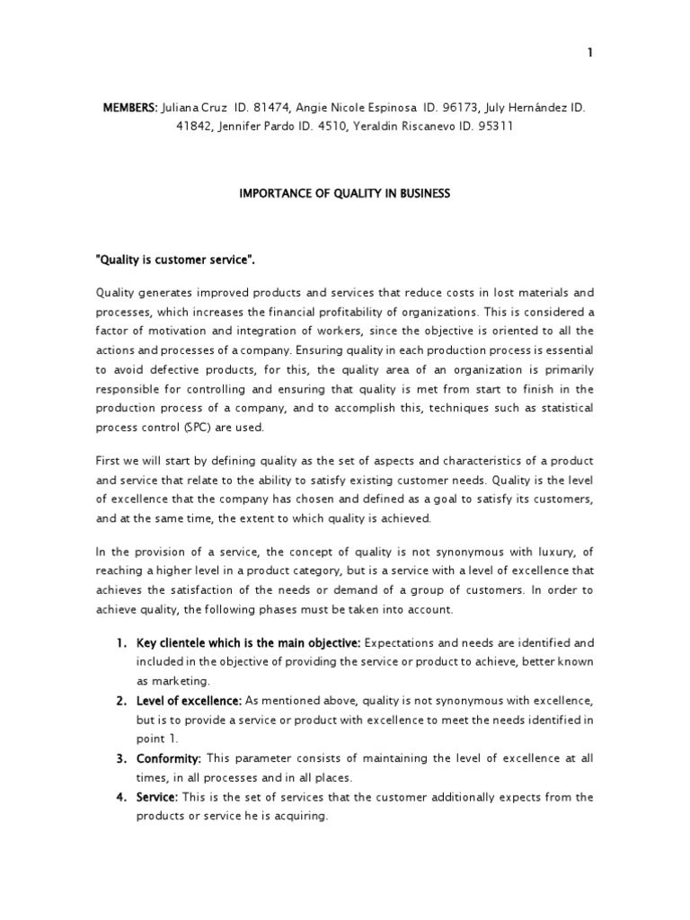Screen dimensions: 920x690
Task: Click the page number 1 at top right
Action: pyautogui.click(x=590, y=53)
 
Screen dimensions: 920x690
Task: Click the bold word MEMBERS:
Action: pyautogui.click(x=130, y=108)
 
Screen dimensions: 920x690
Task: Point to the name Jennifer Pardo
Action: pyautogui.click(x=256, y=127)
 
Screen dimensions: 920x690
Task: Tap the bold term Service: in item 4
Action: pyautogui.click(x=157, y=797)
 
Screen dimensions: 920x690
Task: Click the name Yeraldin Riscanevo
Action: pyautogui.click(x=409, y=127)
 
